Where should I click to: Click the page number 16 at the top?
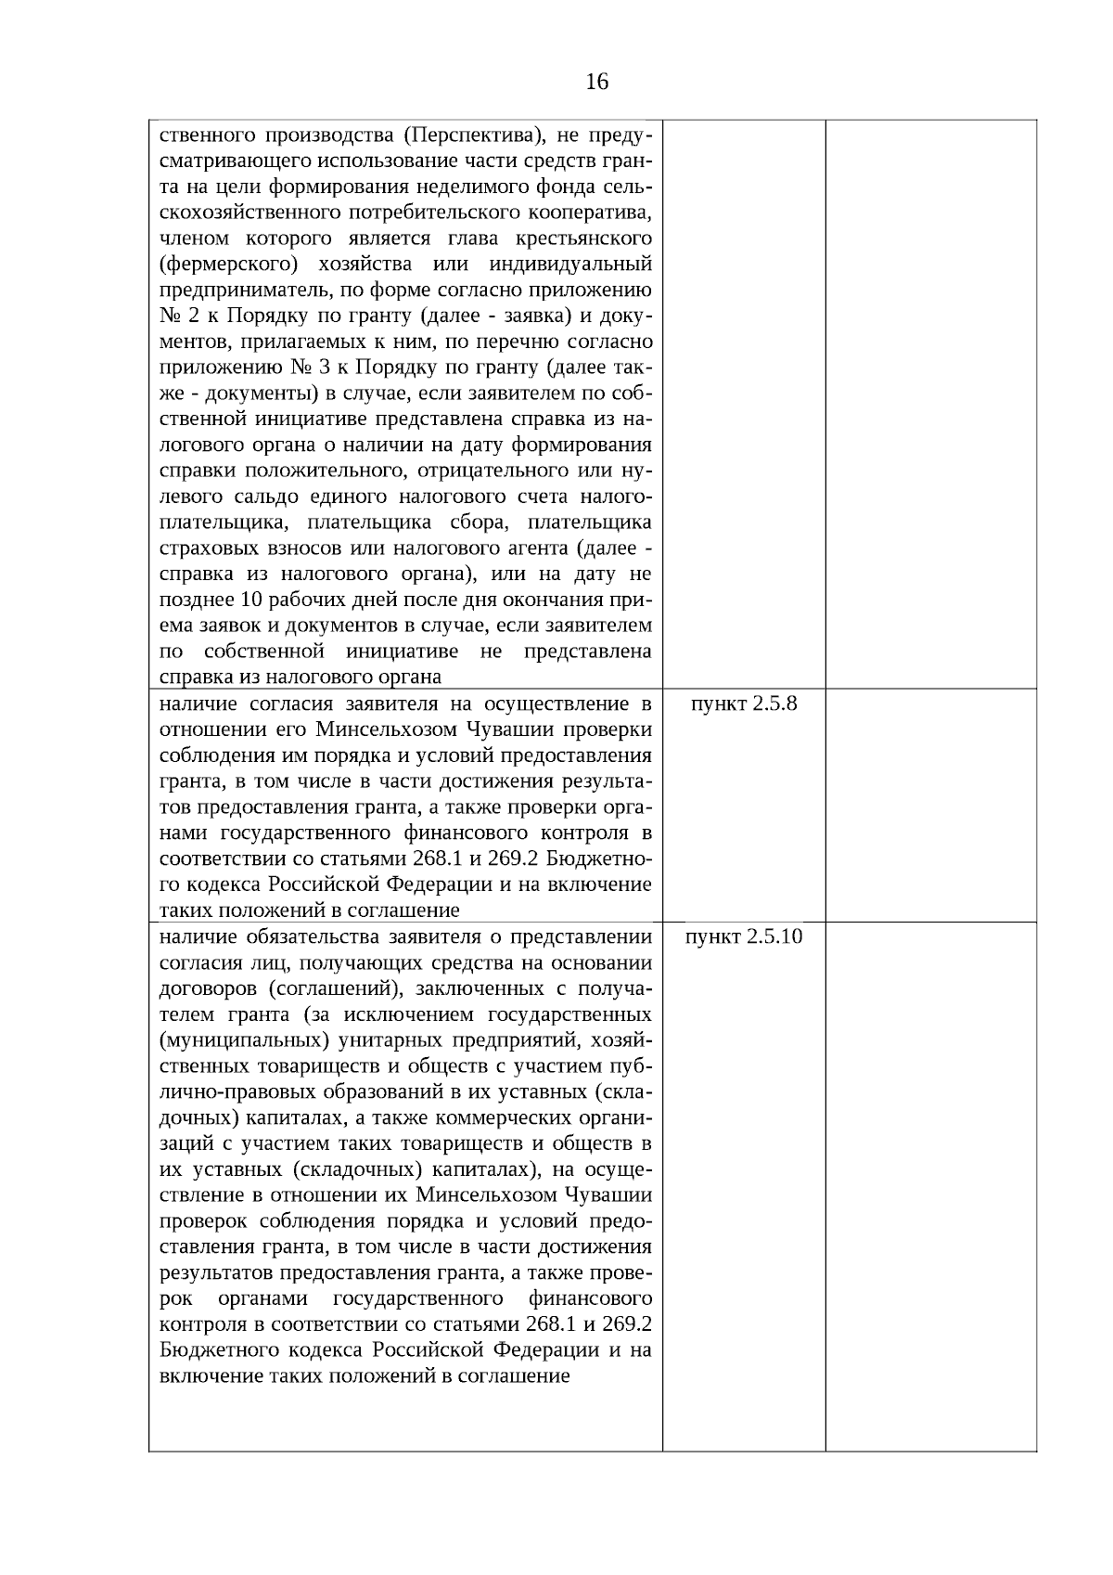597,83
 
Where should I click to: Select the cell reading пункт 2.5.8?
744,704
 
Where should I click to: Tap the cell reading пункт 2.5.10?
744,936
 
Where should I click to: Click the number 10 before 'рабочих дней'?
249,600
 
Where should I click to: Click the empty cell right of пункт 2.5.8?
930,805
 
